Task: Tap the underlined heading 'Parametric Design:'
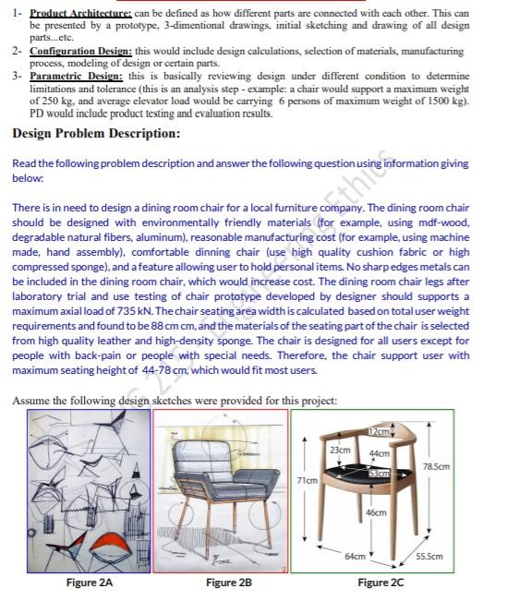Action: (76, 75)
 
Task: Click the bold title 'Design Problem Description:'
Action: (96, 134)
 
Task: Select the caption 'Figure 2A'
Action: (90, 583)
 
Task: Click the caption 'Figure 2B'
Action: (229, 583)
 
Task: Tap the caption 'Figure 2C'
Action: (380, 583)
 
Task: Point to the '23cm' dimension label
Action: (339, 448)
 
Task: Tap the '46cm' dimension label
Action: (375, 511)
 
